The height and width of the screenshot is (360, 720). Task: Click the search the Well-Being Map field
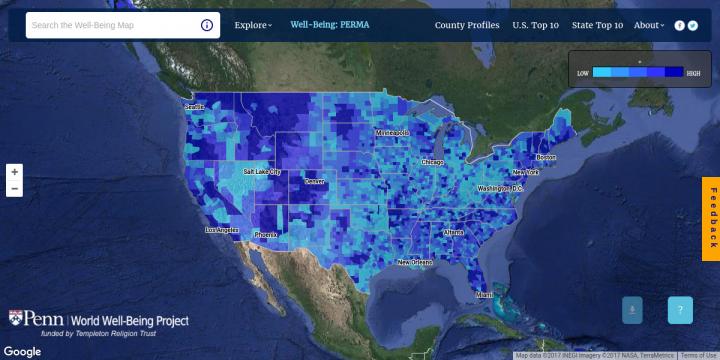click(x=110, y=25)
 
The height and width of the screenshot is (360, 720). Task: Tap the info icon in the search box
click(x=206, y=25)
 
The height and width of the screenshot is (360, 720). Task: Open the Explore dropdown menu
click(x=253, y=25)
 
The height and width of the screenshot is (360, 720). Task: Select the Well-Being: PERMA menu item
click(x=329, y=25)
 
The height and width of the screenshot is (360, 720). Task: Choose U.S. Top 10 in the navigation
click(x=536, y=25)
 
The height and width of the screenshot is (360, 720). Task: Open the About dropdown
click(x=648, y=25)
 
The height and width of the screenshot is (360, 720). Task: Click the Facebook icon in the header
click(x=680, y=25)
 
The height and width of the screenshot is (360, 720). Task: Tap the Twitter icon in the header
click(x=692, y=25)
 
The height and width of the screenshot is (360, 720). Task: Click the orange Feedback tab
click(x=711, y=213)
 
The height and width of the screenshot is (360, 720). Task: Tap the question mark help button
click(x=680, y=311)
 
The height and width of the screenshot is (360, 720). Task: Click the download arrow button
click(x=632, y=311)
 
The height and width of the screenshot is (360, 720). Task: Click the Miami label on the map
click(x=484, y=295)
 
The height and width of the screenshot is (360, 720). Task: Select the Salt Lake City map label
click(x=262, y=172)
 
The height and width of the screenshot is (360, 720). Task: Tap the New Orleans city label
click(x=415, y=263)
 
